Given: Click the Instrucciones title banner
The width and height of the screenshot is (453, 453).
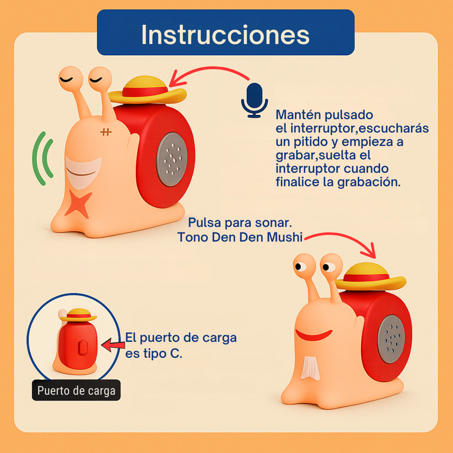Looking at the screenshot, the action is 226,32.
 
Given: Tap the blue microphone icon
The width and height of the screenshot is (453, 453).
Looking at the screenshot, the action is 255,100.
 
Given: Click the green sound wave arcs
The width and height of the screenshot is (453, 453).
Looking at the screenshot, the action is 43,159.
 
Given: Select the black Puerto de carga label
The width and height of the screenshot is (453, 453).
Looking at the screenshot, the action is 76,391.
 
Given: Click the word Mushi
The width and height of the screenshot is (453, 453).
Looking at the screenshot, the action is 284,237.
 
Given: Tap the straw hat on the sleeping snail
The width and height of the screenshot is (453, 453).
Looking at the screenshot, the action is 147,90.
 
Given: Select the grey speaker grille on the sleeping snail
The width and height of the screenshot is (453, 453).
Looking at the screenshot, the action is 172,159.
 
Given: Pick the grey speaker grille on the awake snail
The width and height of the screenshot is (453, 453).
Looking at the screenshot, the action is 391,339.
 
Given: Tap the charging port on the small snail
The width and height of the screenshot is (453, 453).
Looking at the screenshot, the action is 82,348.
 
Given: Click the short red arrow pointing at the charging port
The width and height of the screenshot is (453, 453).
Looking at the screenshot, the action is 113,345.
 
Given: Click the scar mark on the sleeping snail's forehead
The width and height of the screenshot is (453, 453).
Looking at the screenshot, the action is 106,132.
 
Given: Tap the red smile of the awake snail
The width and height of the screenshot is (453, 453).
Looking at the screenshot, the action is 313,335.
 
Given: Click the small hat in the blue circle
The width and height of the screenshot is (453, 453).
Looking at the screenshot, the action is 78,315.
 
